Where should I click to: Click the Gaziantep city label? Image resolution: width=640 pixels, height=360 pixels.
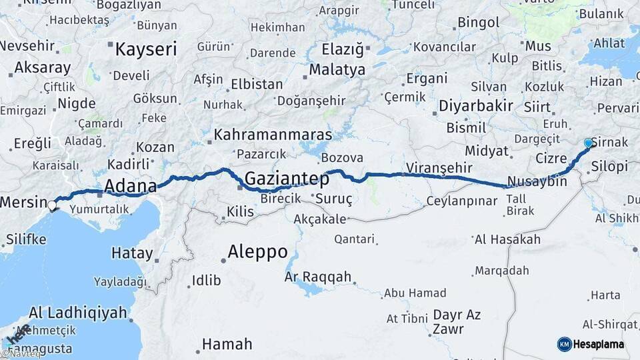click(x=287, y=179)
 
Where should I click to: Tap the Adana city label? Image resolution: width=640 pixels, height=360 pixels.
click(x=129, y=185)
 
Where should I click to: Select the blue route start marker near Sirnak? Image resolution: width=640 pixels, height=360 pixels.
click(x=588, y=143)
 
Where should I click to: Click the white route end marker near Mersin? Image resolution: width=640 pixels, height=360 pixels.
click(x=51, y=206)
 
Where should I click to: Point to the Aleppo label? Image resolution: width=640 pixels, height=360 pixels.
click(x=257, y=252)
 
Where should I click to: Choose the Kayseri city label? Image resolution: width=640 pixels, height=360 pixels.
click(x=146, y=49)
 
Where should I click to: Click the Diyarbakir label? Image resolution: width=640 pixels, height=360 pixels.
click(x=475, y=105)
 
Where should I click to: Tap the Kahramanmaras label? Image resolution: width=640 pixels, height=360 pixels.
click(x=273, y=135)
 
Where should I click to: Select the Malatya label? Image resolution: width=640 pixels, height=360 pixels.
click(x=337, y=70)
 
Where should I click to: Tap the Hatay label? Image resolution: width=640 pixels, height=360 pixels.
click(x=131, y=253)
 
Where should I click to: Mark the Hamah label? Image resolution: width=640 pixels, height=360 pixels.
click(x=227, y=344)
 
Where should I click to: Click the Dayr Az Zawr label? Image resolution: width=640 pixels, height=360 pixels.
click(x=457, y=321)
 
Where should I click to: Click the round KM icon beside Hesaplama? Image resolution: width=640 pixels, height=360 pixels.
click(x=565, y=344)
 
